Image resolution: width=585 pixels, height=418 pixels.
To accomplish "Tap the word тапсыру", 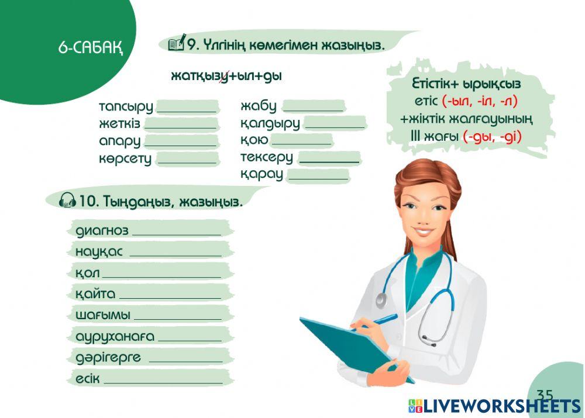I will coord(126,107).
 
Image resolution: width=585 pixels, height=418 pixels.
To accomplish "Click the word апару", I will coord(120,141).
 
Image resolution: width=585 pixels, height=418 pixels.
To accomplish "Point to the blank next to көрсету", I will coord(187,158).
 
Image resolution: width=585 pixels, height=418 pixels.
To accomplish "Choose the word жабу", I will coord(258,106).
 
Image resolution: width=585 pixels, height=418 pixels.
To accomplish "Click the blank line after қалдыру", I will coord(334,123).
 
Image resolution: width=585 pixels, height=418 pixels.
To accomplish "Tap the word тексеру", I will coord(266,157).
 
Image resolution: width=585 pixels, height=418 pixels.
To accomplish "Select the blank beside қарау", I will coord(317,174).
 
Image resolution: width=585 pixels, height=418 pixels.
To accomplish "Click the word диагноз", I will coord(102,230).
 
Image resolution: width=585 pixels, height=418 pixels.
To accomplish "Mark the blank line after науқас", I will coord(175,253).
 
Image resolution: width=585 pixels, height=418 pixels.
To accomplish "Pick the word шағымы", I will coord(102,315).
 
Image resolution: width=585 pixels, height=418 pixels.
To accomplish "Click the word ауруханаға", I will coord(115,337).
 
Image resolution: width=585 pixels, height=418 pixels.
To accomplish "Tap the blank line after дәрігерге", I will coord(185,358).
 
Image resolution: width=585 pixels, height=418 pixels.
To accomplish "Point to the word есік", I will coord(88,379).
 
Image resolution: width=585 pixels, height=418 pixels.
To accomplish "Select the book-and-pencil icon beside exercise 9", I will coord(177,43).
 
